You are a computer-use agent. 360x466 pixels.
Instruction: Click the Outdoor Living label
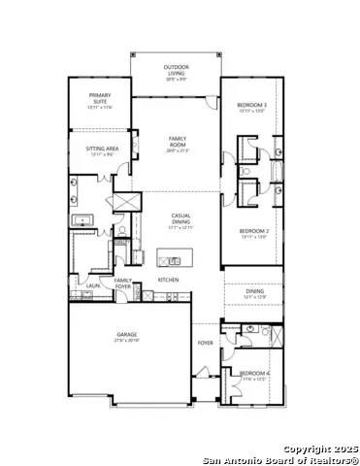click(x=176, y=70)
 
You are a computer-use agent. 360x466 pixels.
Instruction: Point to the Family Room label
click(x=176, y=143)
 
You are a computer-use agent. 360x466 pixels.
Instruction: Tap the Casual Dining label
click(x=180, y=218)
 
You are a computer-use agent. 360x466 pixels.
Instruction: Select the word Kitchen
click(x=169, y=280)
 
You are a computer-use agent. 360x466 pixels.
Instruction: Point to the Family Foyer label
click(x=123, y=283)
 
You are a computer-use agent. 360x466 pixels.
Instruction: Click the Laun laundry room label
click(x=80, y=285)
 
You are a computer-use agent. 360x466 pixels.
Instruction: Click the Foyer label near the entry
click(x=206, y=343)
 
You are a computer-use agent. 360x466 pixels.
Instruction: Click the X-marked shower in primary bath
click(x=123, y=201)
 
